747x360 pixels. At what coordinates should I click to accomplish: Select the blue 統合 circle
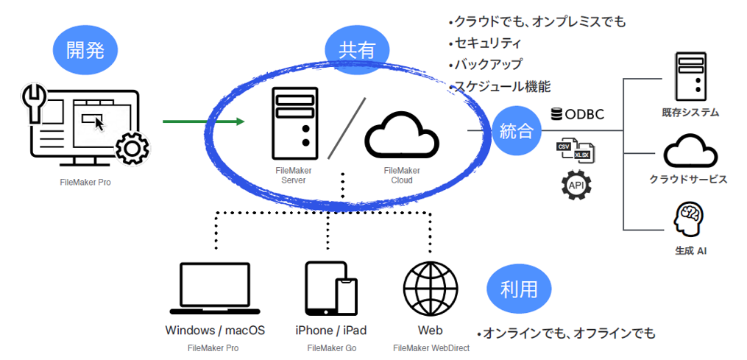pyautogui.click(x=517, y=131)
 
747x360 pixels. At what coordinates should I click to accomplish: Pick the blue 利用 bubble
pyautogui.click(x=519, y=289)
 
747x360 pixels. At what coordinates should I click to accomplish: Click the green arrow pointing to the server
pyautogui.click(x=203, y=122)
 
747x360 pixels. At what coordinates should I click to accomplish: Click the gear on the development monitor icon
pyautogui.click(x=132, y=148)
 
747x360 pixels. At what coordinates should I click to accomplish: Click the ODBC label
pyautogui.click(x=577, y=114)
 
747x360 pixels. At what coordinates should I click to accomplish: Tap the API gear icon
pyautogui.click(x=576, y=184)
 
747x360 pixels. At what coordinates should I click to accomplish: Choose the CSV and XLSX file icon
pyautogui.click(x=576, y=149)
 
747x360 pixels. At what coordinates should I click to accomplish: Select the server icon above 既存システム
pyautogui.click(x=690, y=77)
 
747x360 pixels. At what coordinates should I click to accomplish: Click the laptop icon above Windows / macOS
pyautogui.click(x=215, y=288)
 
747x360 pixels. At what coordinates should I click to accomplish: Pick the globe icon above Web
pyautogui.click(x=431, y=288)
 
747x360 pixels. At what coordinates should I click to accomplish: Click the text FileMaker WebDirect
pyautogui.click(x=431, y=348)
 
